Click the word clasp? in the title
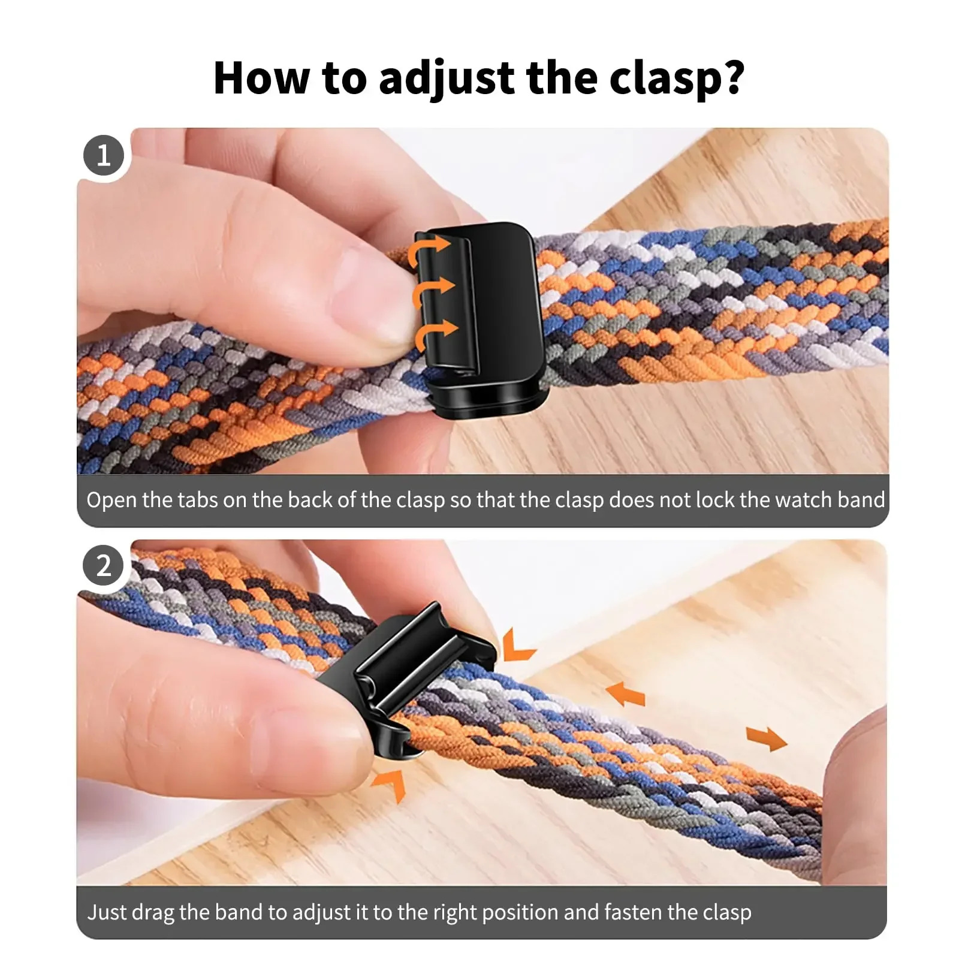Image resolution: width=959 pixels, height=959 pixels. pyautogui.click(x=677, y=79)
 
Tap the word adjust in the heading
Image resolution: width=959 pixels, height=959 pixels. pyautogui.click(x=447, y=79)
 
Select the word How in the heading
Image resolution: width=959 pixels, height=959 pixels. pyautogui.click(x=261, y=79)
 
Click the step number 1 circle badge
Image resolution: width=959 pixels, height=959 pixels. pyautogui.click(x=104, y=155)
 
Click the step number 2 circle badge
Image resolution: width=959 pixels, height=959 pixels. pyautogui.click(x=104, y=566)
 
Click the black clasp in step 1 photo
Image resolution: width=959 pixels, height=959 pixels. pyautogui.click(x=491, y=318)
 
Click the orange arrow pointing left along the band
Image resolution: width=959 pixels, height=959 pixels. pyautogui.click(x=626, y=694)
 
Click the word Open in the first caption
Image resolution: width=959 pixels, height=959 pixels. pyautogui.click(x=111, y=500)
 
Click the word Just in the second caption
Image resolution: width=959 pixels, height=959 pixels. pyautogui.click(x=107, y=912)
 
